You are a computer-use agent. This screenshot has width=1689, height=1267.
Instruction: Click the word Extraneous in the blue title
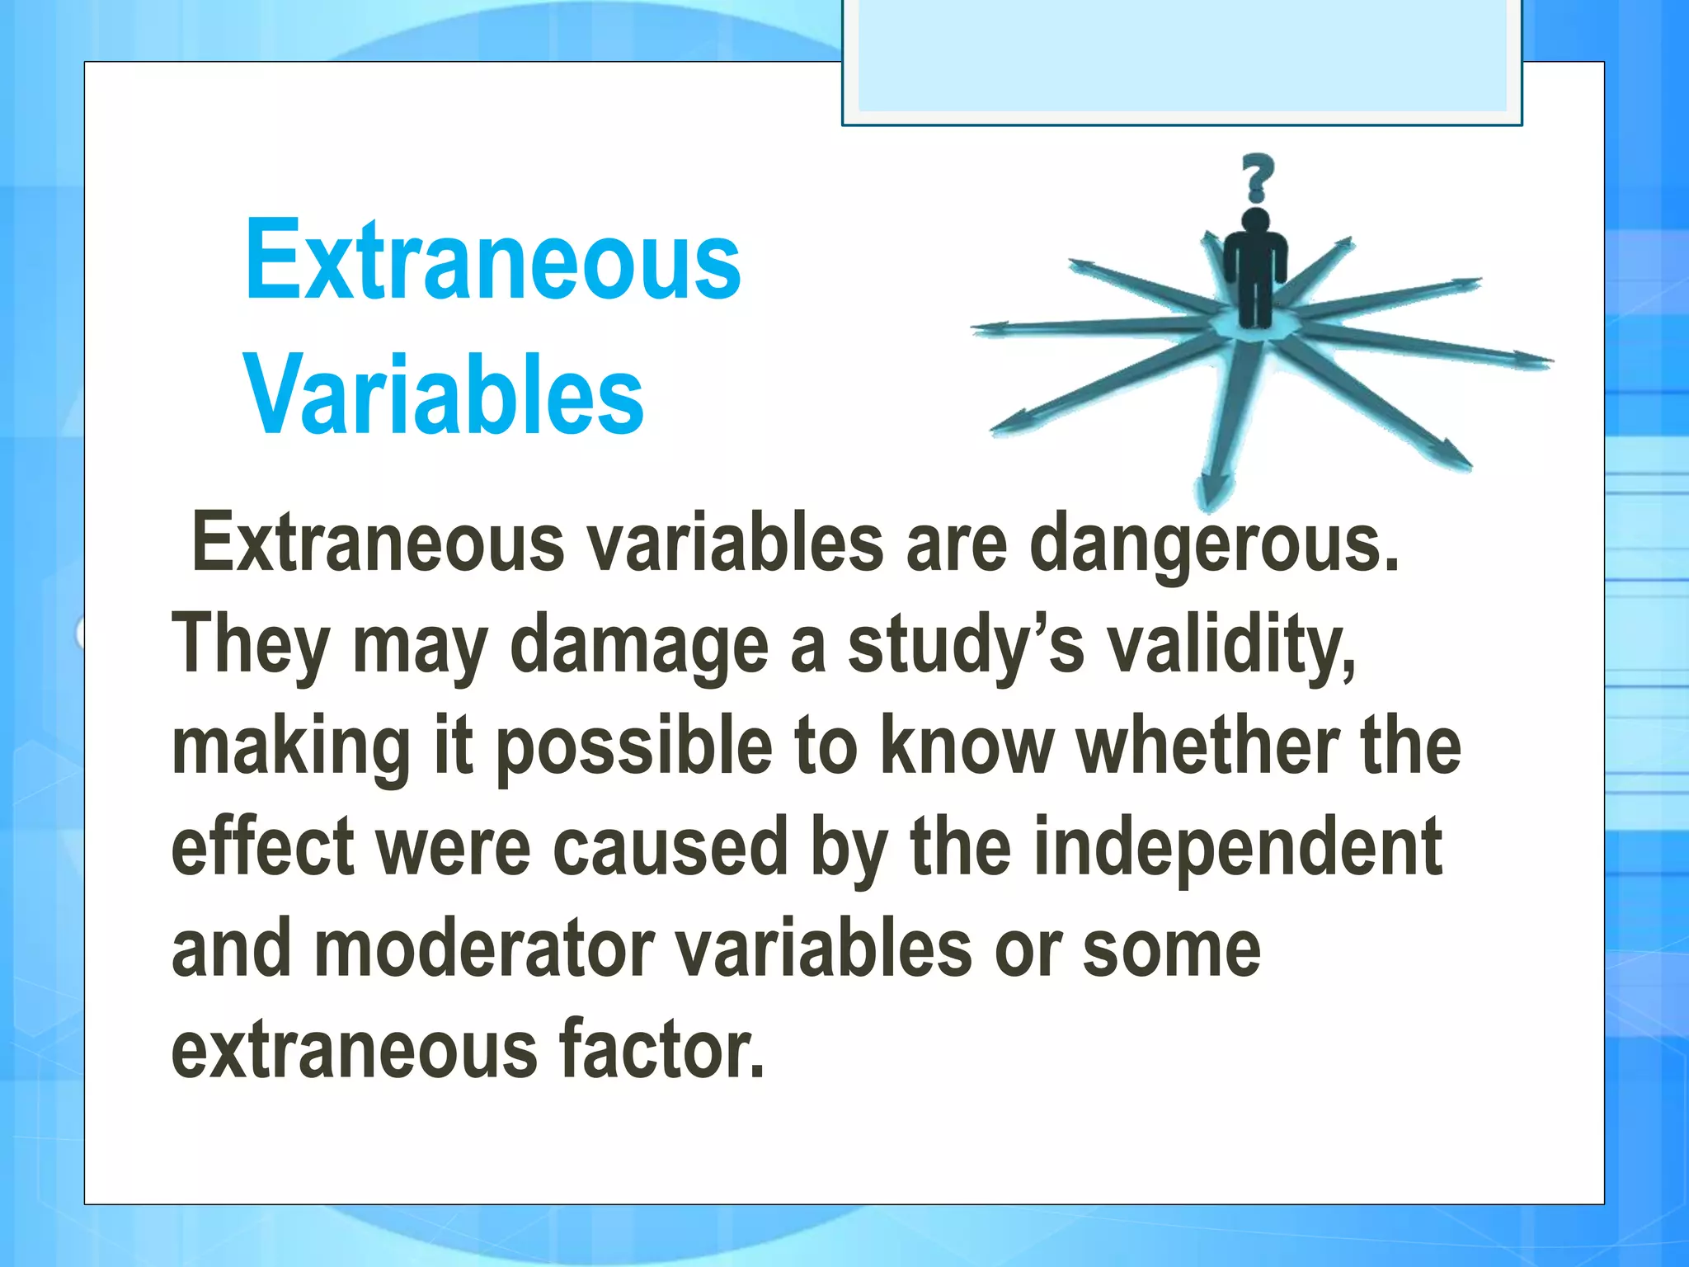[x=492, y=261]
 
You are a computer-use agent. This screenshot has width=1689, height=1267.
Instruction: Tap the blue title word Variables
[x=444, y=395]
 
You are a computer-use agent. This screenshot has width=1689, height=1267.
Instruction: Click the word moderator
[x=484, y=951]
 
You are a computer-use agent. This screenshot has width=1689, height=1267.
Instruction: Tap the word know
[x=967, y=747]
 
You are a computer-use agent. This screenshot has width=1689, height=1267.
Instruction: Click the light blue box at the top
[x=1181, y=58]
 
